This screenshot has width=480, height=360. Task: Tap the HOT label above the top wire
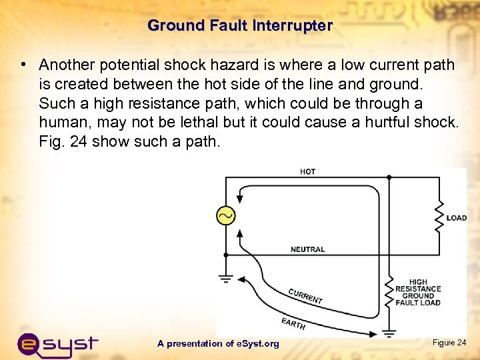point(308,172)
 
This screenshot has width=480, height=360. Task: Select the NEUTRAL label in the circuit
point(307,249)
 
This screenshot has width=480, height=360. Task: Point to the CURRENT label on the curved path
point(305,296)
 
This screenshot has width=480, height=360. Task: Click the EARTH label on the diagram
point(293,324)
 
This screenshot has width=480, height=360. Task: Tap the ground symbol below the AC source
point(226,278)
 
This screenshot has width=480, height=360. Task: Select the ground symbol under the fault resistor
point(389,331)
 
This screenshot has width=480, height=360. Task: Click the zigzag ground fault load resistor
point(389,291)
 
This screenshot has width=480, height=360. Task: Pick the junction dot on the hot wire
point(389,177)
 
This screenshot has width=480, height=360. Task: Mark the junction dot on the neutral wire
point(226,255)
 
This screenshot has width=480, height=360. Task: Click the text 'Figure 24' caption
point(449,343)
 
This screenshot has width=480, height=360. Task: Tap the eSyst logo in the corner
point(57,343)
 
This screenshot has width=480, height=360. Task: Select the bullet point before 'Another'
point(23,65)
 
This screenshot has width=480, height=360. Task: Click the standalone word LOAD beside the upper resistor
point(457,218)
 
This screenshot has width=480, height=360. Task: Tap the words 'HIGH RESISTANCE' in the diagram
point(419,285)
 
